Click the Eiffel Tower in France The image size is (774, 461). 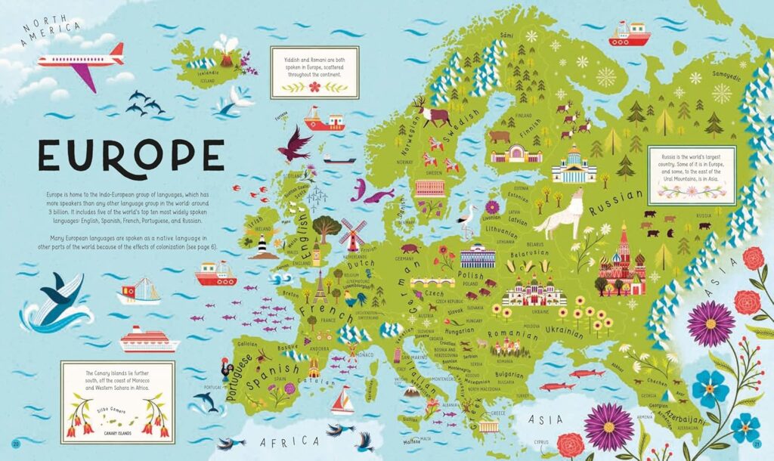click(320, 286)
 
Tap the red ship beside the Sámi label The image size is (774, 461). click(629, 34)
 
